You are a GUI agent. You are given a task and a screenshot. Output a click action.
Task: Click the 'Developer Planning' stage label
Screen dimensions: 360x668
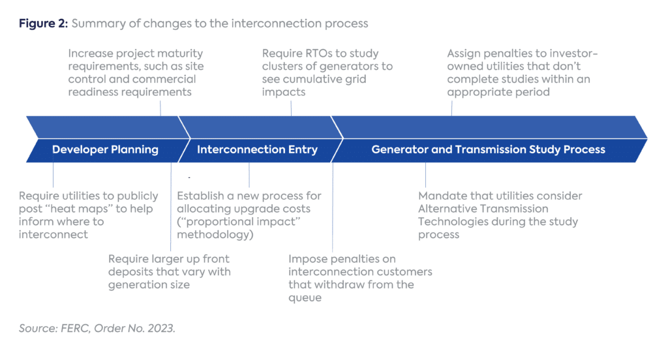point(105,149)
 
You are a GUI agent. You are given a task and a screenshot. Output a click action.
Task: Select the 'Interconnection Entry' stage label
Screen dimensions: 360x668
point(257,149)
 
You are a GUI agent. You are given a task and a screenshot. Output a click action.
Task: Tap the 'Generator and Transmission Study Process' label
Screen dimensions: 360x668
point(488,149)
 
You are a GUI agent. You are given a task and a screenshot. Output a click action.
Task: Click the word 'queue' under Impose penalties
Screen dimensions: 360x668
point(305,297)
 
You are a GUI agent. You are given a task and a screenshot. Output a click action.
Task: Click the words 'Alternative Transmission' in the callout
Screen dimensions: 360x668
point(483,209)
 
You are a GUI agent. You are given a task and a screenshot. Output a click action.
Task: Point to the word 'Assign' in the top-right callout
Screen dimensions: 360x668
point(464,53)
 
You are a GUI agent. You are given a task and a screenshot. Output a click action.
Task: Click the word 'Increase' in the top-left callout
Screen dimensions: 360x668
point(90,53)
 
